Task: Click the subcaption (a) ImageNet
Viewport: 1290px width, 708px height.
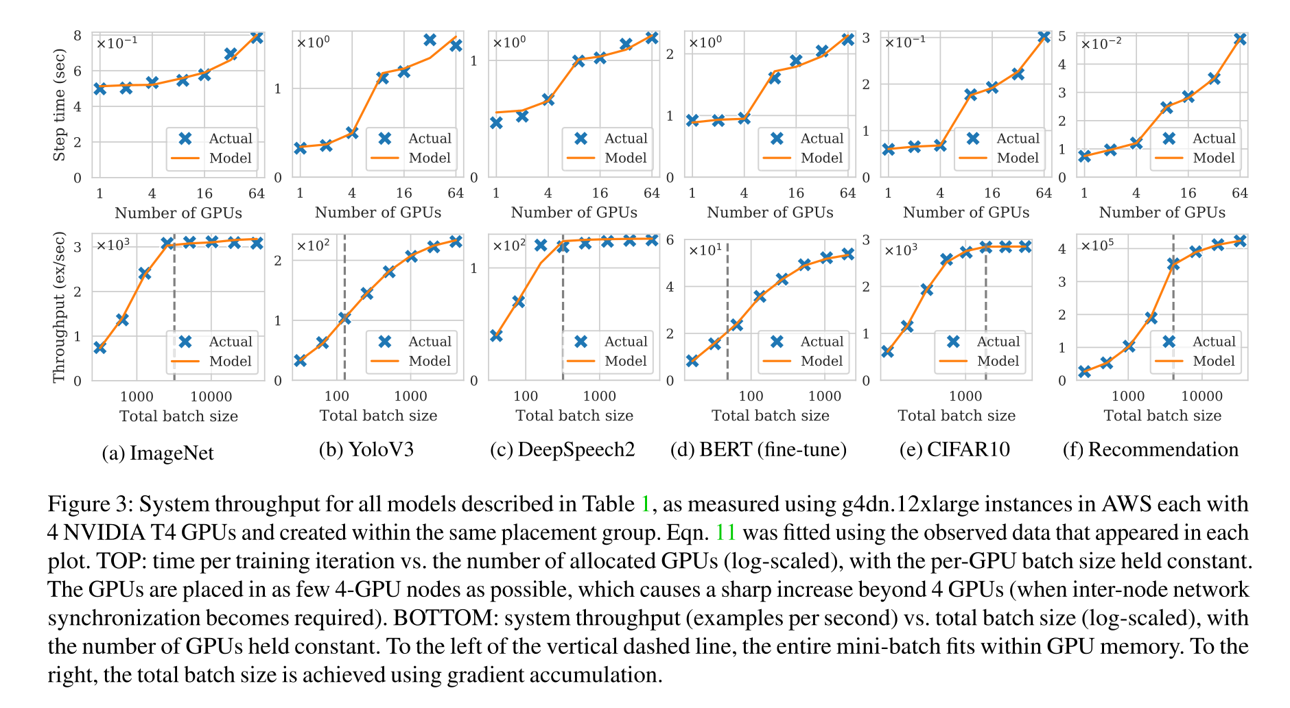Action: (157, 453)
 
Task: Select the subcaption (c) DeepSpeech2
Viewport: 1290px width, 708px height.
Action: (562, 450)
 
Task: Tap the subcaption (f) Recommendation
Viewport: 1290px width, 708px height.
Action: (1150, 450)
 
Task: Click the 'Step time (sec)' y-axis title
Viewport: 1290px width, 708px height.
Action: (60, 105)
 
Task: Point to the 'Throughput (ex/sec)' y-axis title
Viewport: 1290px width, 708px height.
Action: (60, 307)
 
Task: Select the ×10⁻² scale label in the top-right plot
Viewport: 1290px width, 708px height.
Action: (1101, 44)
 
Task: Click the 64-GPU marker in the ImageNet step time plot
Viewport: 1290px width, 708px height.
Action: (257, 37)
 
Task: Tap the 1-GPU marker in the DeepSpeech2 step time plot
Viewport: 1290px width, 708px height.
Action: (496, 123)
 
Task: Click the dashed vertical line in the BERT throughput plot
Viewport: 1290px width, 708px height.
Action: (727, 309)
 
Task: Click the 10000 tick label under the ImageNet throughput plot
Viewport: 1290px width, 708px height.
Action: (211, 397)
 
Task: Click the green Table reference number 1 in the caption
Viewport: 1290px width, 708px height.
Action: (645, 504)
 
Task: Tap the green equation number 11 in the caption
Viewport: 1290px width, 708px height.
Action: (725, 533)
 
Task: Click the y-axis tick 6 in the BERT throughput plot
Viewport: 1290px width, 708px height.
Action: (670, 240)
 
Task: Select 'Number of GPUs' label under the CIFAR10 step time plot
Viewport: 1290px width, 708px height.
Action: (966, 213)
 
